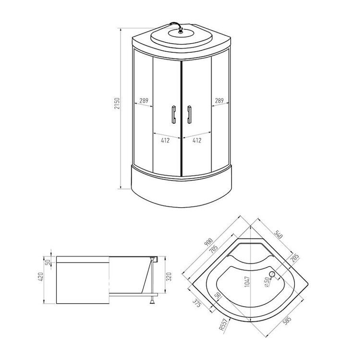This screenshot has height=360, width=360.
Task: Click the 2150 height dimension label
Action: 117,103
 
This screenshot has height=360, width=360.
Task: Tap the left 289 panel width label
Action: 144,101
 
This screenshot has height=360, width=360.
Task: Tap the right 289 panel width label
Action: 219,100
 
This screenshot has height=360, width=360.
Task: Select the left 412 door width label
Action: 165,140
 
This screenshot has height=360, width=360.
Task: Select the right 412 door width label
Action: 197,140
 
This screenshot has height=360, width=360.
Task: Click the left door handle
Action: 174,115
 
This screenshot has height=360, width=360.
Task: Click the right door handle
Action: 189,115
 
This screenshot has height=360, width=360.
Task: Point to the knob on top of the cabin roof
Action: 180,30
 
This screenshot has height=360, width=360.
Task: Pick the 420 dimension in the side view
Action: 41,277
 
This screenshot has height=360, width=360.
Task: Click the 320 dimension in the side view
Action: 169,277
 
